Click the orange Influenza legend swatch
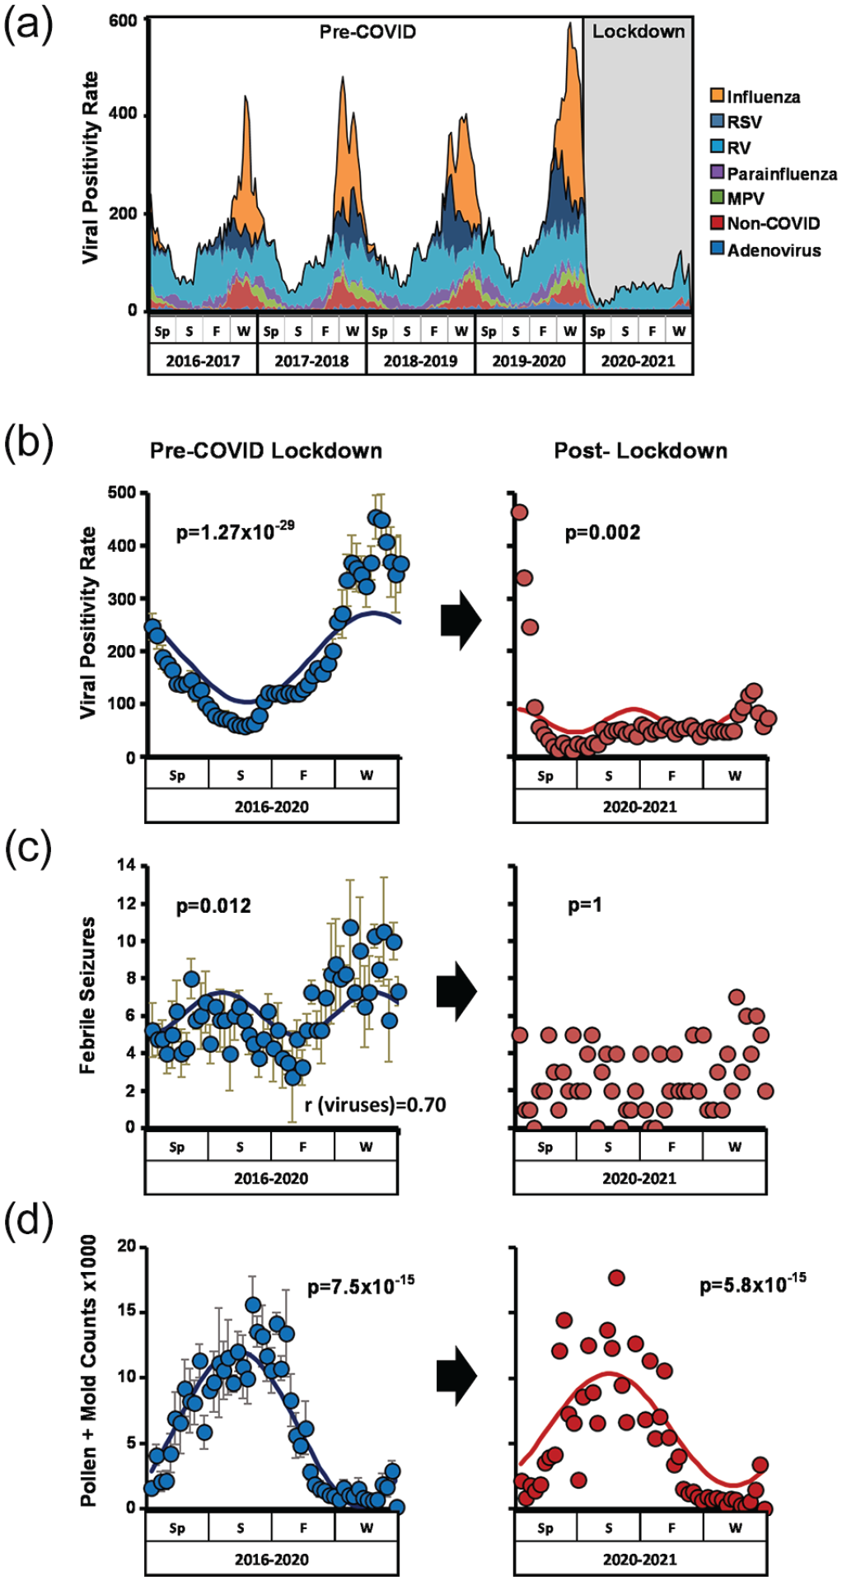pos(718,96)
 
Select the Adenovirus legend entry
pos(765,250)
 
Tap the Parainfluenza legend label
pos(782,174)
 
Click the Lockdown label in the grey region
pos(639,32)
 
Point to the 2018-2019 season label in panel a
pos(420,361)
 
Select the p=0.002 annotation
pos(602,532)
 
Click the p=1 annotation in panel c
pos(585,905)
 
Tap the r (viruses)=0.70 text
pos(376,1105)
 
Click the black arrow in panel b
pos(461,622)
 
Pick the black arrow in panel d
pos(457,1375)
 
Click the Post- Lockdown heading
pos(641,451)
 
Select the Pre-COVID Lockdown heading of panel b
pos(266,451)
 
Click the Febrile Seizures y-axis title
pos(87,995)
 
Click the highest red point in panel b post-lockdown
pos(519,512)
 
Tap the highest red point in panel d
pos(616,1278)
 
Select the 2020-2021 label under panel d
pos(640,1559)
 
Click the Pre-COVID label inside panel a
pos(368,32)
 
